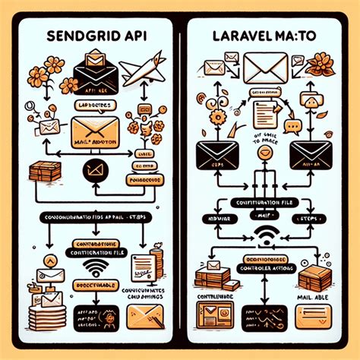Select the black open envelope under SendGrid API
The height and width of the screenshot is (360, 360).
coord(96,72)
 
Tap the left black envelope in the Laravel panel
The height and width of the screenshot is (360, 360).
coord(217,153)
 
